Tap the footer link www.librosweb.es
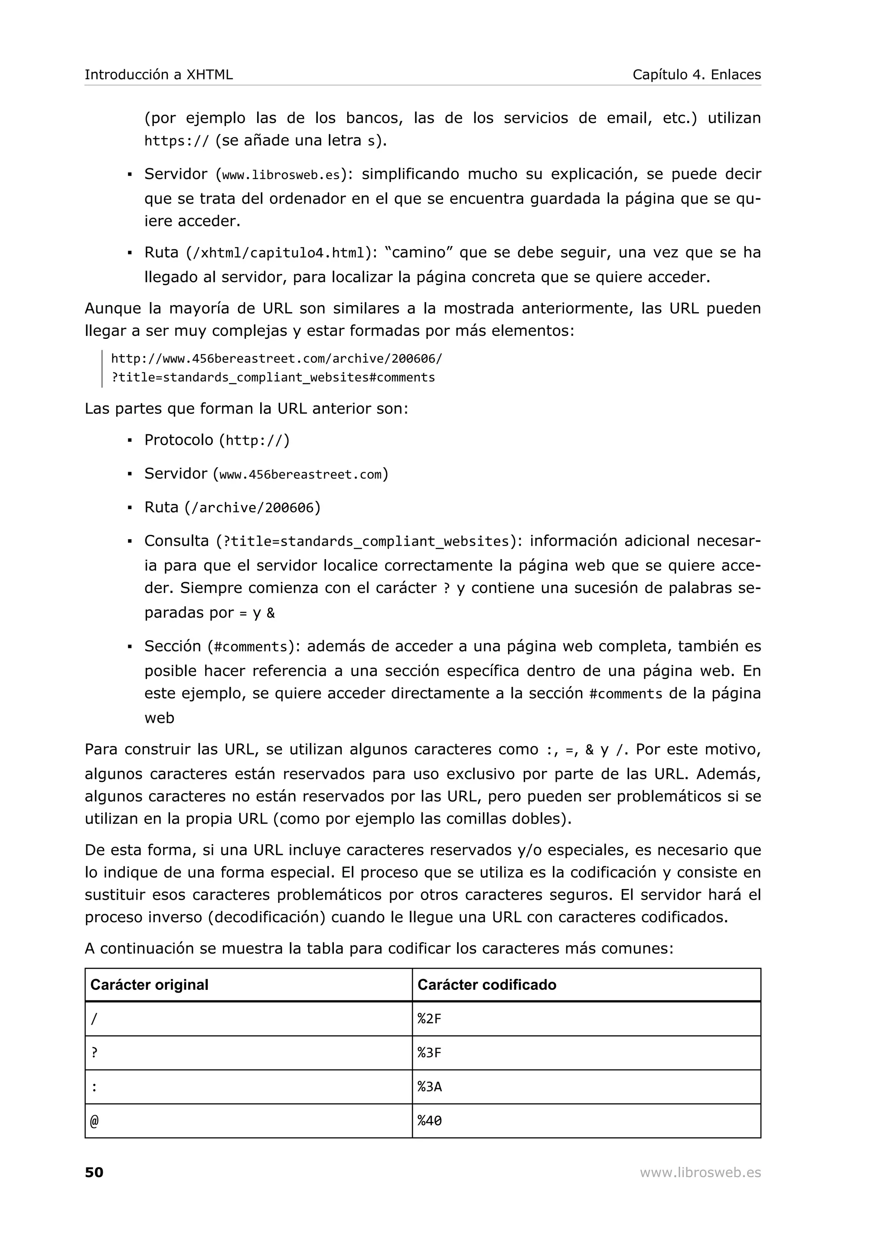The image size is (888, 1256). click(x=700, y=1172)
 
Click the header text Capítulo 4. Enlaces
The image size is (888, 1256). click(x=696, y=75)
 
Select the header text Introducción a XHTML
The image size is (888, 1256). click(x=159, y=75)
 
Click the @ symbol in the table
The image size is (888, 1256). click(x=94, y=1121)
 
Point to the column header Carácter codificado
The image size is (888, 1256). click(x=486, y=985)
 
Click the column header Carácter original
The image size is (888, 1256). click(x=149, y=985)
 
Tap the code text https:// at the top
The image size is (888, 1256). click(x=176, y=141)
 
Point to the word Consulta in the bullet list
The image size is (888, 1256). click(x=176, y=541)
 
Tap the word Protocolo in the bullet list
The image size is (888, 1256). click(x=178, y=440)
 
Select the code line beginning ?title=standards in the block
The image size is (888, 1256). click(x=273, y=377)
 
